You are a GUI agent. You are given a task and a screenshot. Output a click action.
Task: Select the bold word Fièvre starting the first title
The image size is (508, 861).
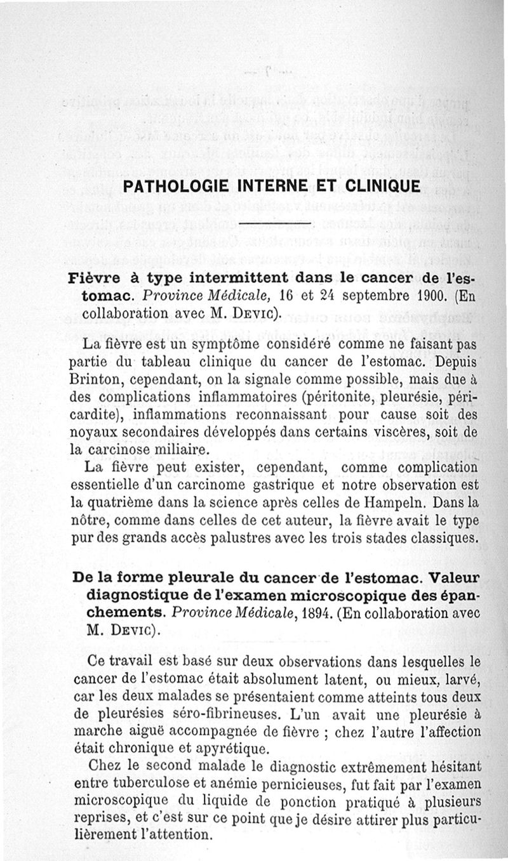point(93,280)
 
